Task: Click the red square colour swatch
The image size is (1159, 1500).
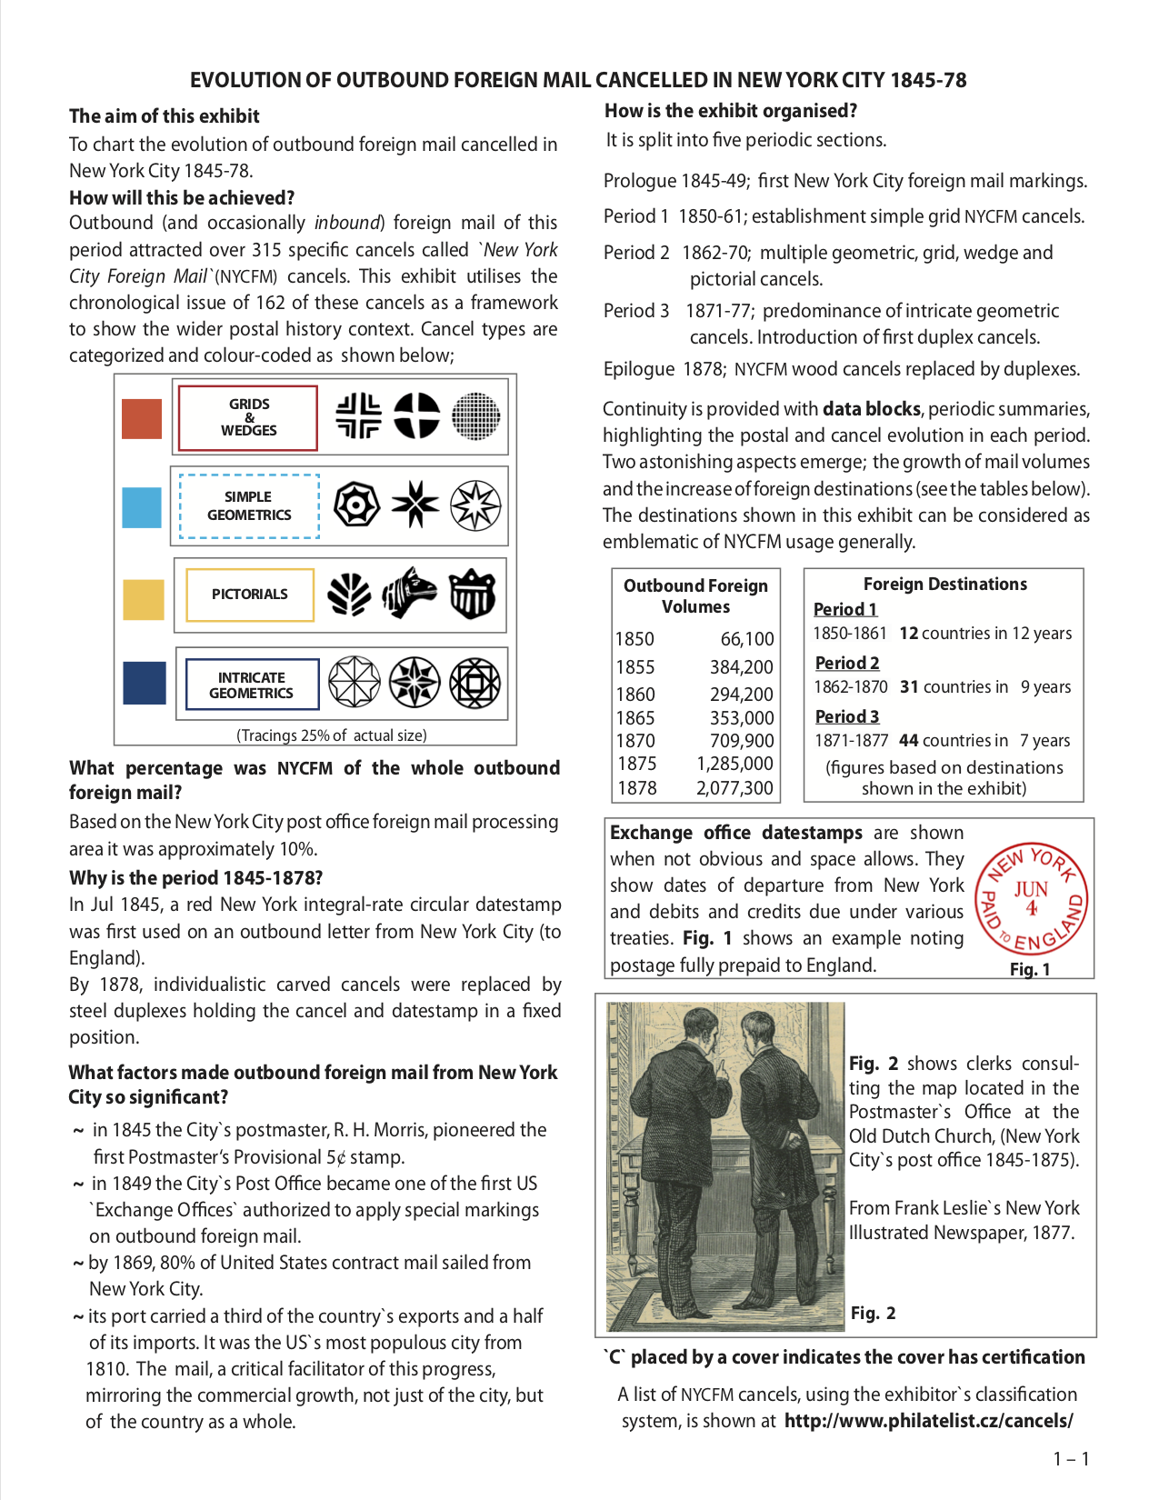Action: [142, 418]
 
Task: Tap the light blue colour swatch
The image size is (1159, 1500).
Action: [142, 507]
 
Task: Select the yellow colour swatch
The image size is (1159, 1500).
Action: [144, 599]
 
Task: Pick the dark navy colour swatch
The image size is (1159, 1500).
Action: [145, 683]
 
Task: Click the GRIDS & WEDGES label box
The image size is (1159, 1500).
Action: [248, 417]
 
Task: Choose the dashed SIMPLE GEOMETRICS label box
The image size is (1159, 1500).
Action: [249, 506]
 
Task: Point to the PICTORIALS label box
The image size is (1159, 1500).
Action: [249, 595]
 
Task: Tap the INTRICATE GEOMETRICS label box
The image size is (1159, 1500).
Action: [252, 685]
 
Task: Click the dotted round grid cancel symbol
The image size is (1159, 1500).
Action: [475, 416]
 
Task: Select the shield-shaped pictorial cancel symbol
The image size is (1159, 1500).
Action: [474, 594]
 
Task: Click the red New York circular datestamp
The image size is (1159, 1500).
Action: [1031, 897]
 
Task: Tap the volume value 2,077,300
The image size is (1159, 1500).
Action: [734, 788]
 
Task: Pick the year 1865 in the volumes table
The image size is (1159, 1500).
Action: [634, 718]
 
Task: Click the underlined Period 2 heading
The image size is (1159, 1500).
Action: [847, 663]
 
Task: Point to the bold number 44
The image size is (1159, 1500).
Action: [908, 740]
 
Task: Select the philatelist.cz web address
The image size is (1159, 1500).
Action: [928, 1421]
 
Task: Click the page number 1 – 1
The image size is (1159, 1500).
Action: [1071, 1459]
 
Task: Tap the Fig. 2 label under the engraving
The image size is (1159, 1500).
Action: [873, 1313]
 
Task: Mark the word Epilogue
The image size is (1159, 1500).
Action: [639, 369]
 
